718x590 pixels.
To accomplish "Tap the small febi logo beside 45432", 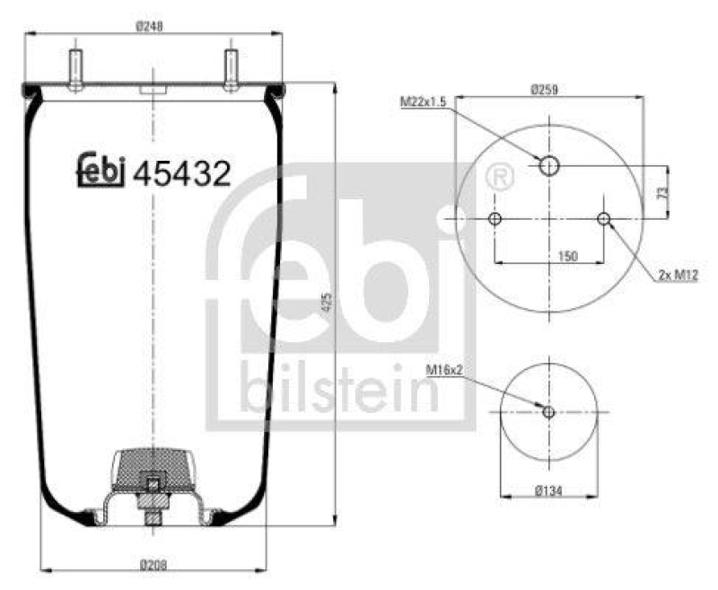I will (99, 171).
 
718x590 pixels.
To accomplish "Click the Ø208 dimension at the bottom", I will (153, 565).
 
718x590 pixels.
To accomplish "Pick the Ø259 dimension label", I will (545, 89).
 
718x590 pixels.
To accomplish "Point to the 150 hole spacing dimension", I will (567, 256).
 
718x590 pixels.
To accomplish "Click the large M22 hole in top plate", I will (549, 165).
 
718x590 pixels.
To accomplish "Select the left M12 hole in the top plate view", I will (495, 219).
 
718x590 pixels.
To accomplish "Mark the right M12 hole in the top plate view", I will (604, 219).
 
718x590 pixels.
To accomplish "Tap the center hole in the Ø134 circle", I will (549, 412).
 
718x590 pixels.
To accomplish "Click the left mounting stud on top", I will (73, 67).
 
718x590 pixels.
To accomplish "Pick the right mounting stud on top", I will (231, 67).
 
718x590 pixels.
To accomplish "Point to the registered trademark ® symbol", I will (500, 178).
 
